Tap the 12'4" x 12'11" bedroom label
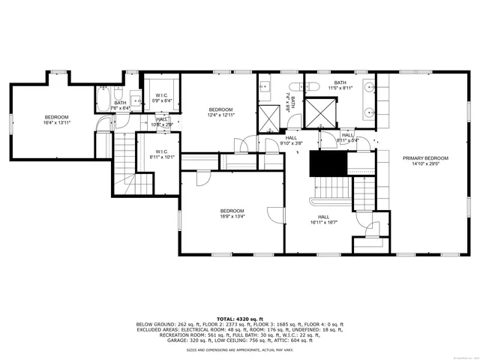[x=221, y=112]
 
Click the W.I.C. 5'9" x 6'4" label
[x=162, y=97]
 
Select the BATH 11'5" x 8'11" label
[x=340, y=85]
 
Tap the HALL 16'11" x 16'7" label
[x=323, y=219]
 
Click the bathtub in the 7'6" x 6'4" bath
[x=103, y=97]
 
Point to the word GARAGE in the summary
[x=178, y=340]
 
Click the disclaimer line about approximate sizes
[x=239, y=349]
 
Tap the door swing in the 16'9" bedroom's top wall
[x=202, y=177]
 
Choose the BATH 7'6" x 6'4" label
[x=120, y=105]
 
